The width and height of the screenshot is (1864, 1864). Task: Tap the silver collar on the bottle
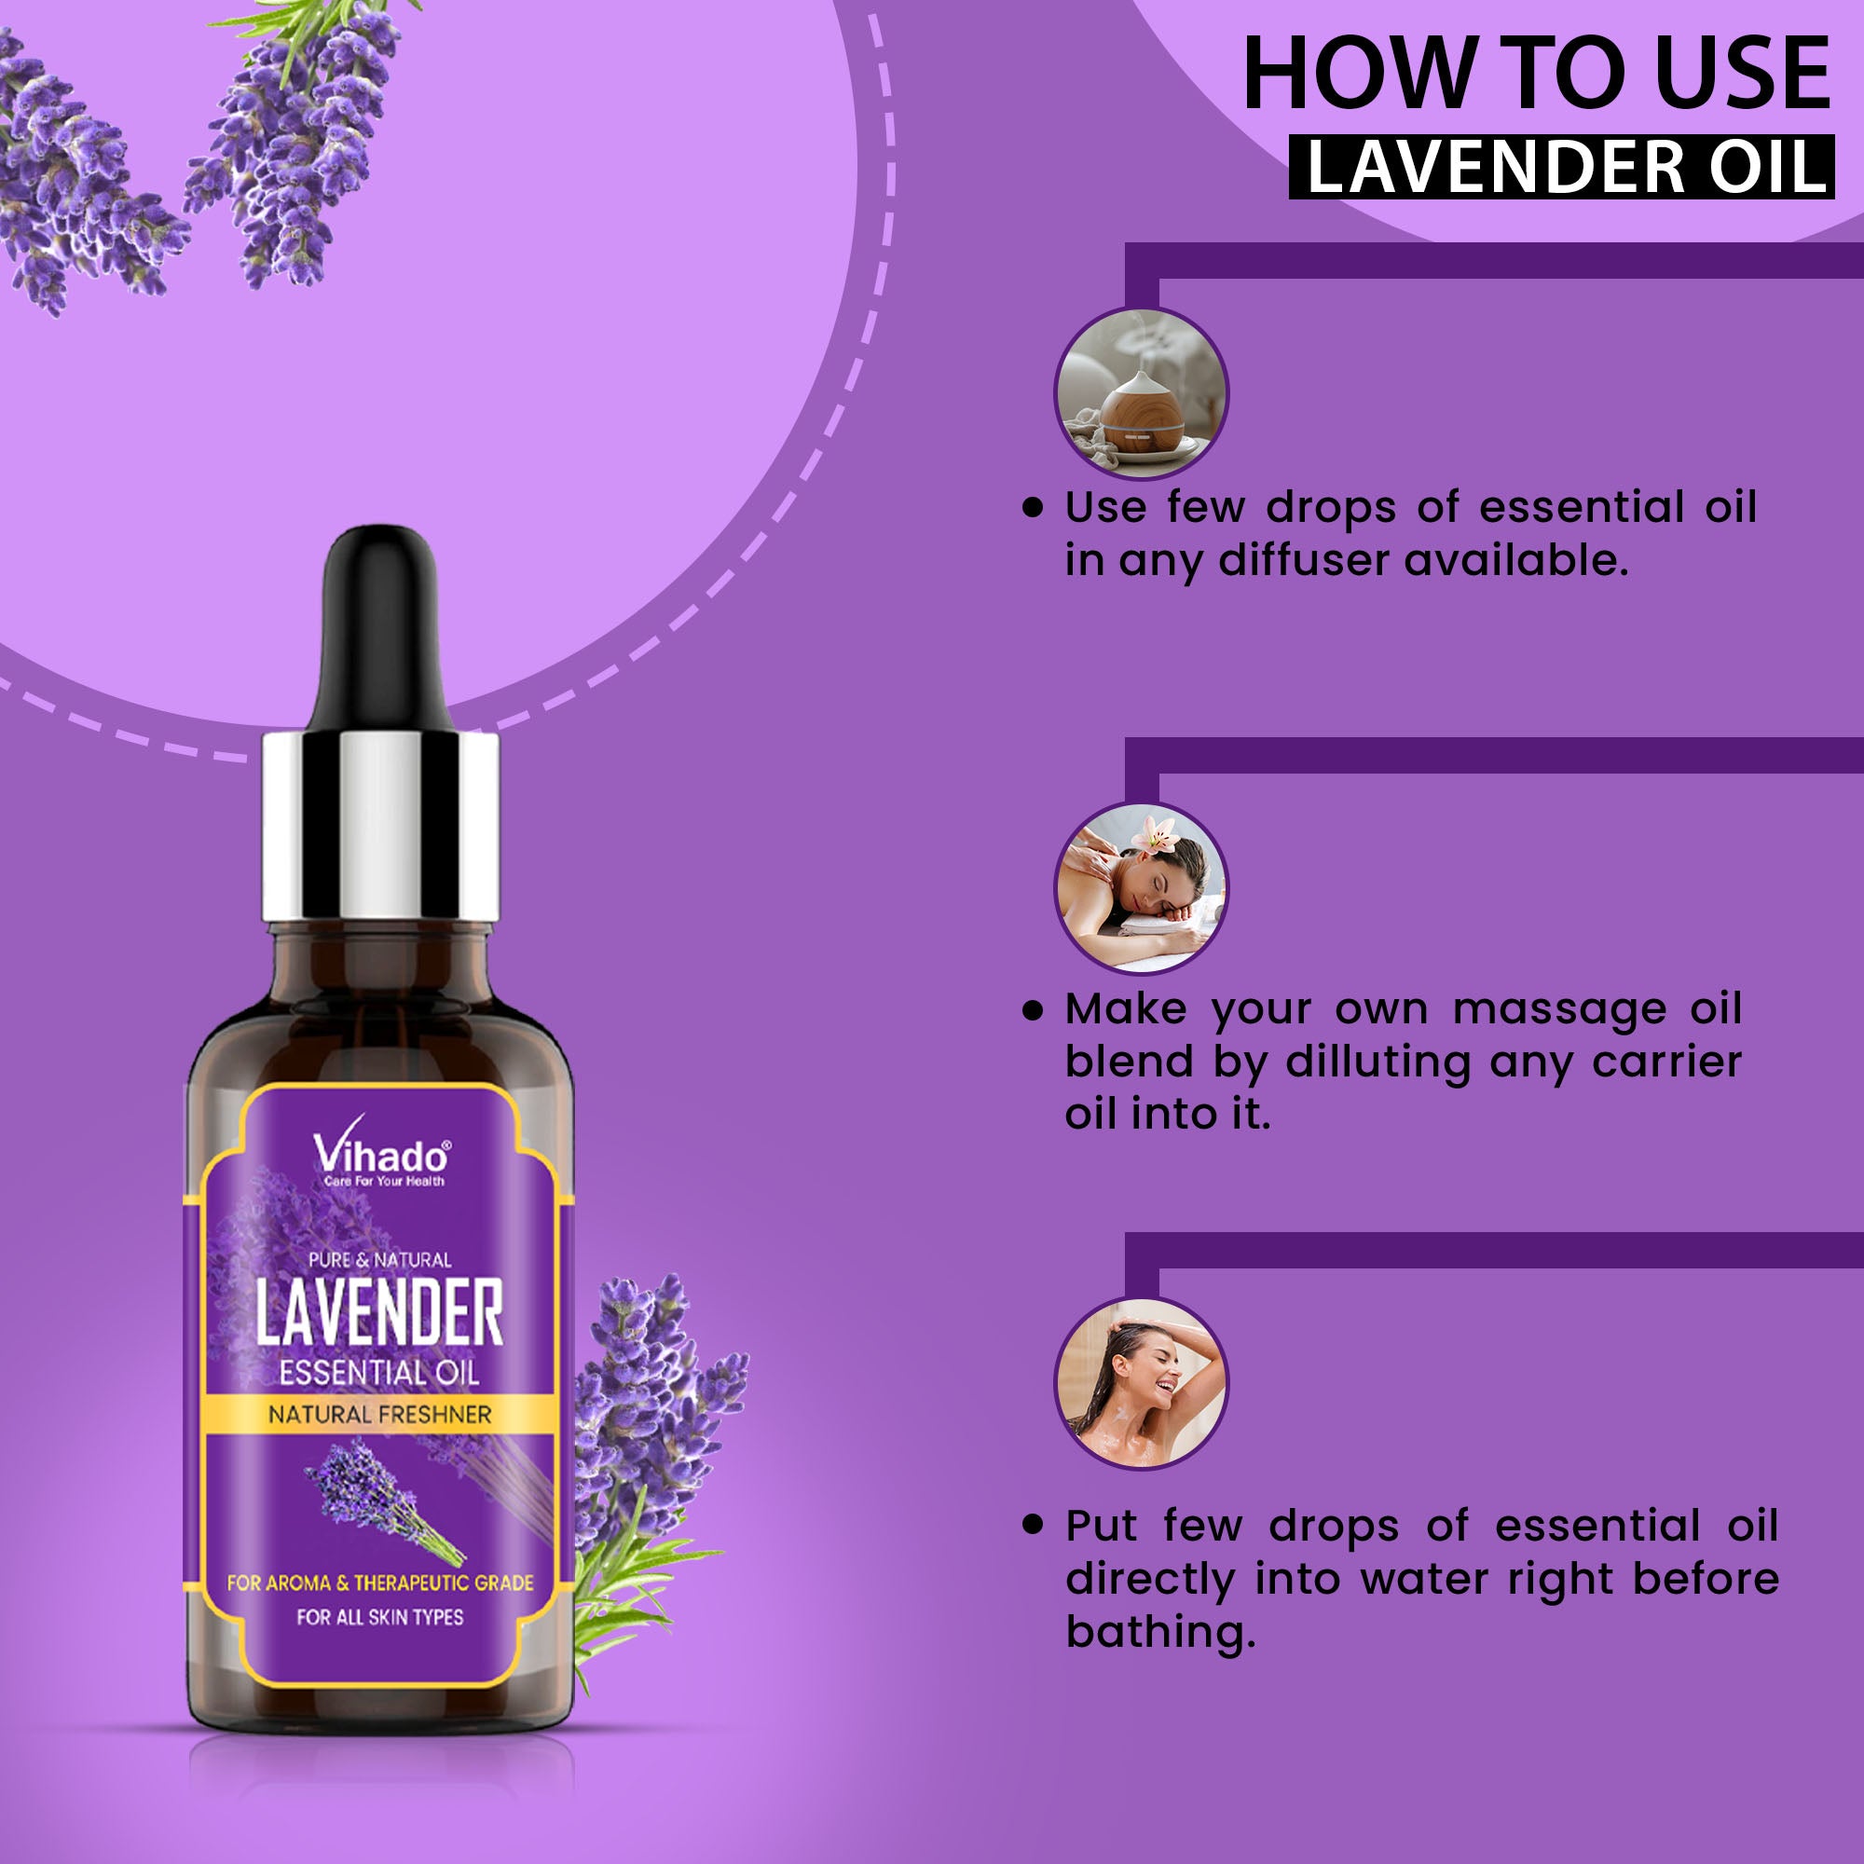[380, 827]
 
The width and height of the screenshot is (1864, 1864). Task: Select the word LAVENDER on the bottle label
[379, 1313]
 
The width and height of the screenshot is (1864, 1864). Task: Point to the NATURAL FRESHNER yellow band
[380, 1415]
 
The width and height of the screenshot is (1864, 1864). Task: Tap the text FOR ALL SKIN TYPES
[380, 1617]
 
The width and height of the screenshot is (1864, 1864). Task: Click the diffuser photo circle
[1141, 392]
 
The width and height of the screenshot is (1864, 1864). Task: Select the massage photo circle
[1141, 888]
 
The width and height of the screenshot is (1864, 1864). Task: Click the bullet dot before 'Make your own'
[1034, 1010]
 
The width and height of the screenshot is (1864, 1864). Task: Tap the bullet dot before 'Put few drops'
[1034, 1526]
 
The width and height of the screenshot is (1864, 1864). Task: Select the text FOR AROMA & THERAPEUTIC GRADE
[380, 1583]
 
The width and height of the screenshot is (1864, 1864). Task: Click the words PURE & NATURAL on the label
[379, 1259]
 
